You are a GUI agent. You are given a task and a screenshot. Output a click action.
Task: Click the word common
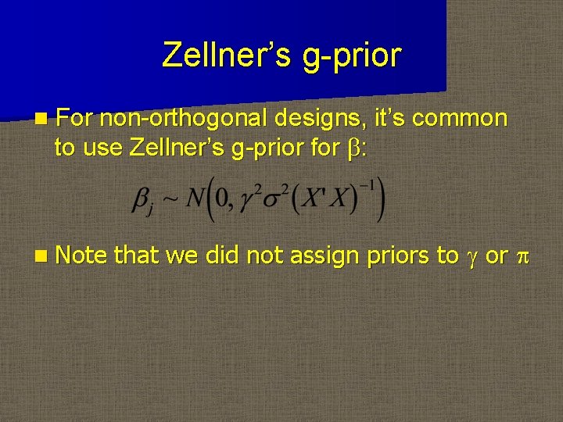click(x=459, y=119)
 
